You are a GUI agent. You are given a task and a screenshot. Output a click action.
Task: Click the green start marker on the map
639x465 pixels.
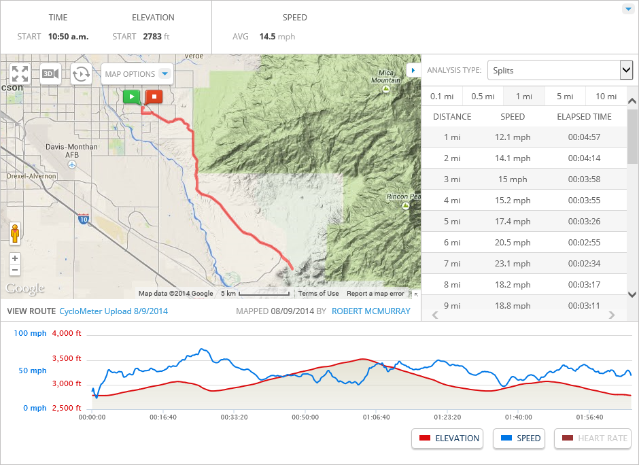point(132,97)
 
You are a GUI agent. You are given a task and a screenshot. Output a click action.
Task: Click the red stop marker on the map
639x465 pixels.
point(154,97)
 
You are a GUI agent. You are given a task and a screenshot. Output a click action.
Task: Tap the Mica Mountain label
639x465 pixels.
point(385,76)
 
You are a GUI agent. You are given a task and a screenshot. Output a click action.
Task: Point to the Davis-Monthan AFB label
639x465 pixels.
point(71,150)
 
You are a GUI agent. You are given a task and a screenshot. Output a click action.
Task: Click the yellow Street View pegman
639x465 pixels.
point(15,233)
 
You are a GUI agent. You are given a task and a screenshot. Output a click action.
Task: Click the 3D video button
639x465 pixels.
point(50,74)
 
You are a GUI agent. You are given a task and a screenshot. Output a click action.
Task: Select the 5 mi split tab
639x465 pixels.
point(564,97)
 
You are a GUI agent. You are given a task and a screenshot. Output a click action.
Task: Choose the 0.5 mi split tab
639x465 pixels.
point(482,97)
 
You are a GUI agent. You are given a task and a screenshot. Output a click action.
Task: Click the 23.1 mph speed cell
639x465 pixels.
point(513,264)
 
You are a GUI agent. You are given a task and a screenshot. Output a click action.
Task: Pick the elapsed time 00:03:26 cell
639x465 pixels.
point(584,222)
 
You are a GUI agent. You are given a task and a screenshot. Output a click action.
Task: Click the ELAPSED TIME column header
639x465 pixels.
point(584,117)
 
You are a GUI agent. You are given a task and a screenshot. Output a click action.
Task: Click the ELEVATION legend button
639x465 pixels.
point(447,438)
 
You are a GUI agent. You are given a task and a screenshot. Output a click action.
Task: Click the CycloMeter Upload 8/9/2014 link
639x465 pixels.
point(114,311)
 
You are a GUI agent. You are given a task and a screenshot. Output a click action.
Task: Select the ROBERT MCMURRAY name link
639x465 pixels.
point(371,311)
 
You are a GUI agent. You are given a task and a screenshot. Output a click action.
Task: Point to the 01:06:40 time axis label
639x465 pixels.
point(376,417)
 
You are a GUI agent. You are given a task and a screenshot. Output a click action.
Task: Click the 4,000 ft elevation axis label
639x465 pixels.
point(67,334)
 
